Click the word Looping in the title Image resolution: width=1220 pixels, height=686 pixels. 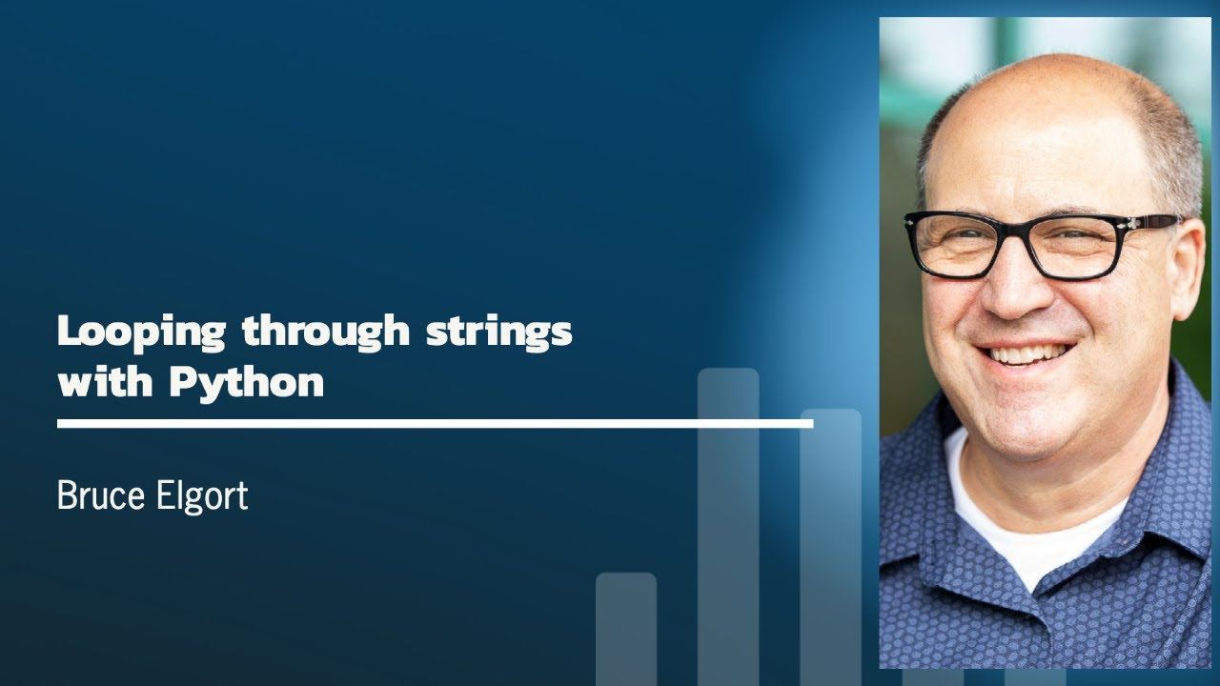click(141, 332)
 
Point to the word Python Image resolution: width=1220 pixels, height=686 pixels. click(247, 384)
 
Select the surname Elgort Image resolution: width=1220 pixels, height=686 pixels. click(202, 496)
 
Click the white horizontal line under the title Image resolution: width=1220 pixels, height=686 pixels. click(435, 423)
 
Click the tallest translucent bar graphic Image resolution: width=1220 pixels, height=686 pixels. click(728, 524)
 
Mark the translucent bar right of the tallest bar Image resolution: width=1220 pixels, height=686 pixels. click(830, 543)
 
